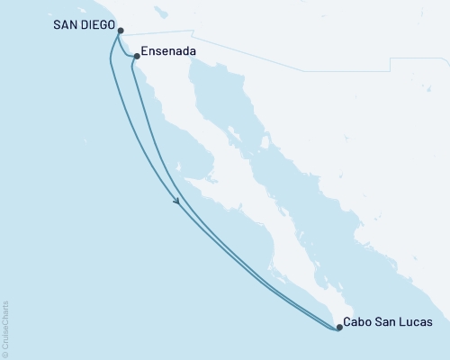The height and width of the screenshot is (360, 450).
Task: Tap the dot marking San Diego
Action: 121,30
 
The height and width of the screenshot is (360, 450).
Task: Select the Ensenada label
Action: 166,54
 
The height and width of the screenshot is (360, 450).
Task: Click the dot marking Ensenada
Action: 136,56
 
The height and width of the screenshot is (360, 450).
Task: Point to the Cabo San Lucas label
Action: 389,321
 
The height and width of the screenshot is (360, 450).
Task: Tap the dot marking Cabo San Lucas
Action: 339,328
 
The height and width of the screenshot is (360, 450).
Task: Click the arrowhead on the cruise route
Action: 179,202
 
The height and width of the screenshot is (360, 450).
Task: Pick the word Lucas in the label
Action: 416,321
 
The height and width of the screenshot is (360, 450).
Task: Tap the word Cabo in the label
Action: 358,321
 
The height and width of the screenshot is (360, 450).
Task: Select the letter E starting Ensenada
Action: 145,54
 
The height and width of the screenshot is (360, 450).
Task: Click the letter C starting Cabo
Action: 348,321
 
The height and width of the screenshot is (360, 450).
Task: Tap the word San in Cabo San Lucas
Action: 385,321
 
